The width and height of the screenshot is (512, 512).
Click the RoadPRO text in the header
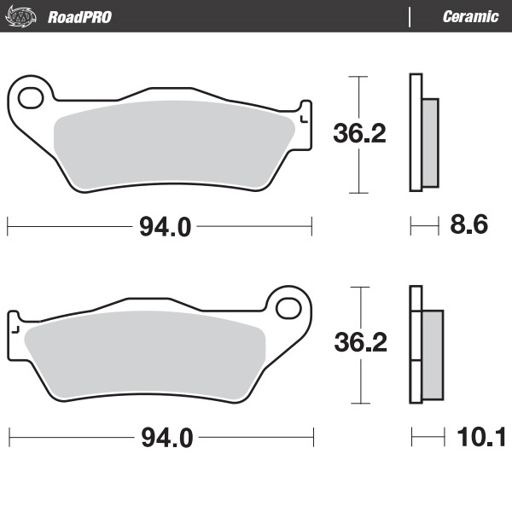click(x=79, y=16)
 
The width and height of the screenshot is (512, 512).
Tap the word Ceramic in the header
click(x=470, y=16)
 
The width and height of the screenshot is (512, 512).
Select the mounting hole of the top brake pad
click(x=30, y=96)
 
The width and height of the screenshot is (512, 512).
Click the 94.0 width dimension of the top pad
click(x=160, y=227)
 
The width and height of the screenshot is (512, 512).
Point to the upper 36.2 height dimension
click(x=358, y=134)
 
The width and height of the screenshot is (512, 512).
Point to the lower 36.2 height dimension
click(x=358, y=343)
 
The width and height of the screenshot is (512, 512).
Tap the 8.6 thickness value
click(x=468, y=226)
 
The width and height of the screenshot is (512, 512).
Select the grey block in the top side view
click(x=430, y=142)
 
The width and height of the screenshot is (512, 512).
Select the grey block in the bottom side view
click(x=433, y=351)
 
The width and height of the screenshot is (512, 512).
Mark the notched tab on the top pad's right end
click(x=303, y=115)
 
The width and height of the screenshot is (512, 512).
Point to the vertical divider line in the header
click(x=410, y=16)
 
